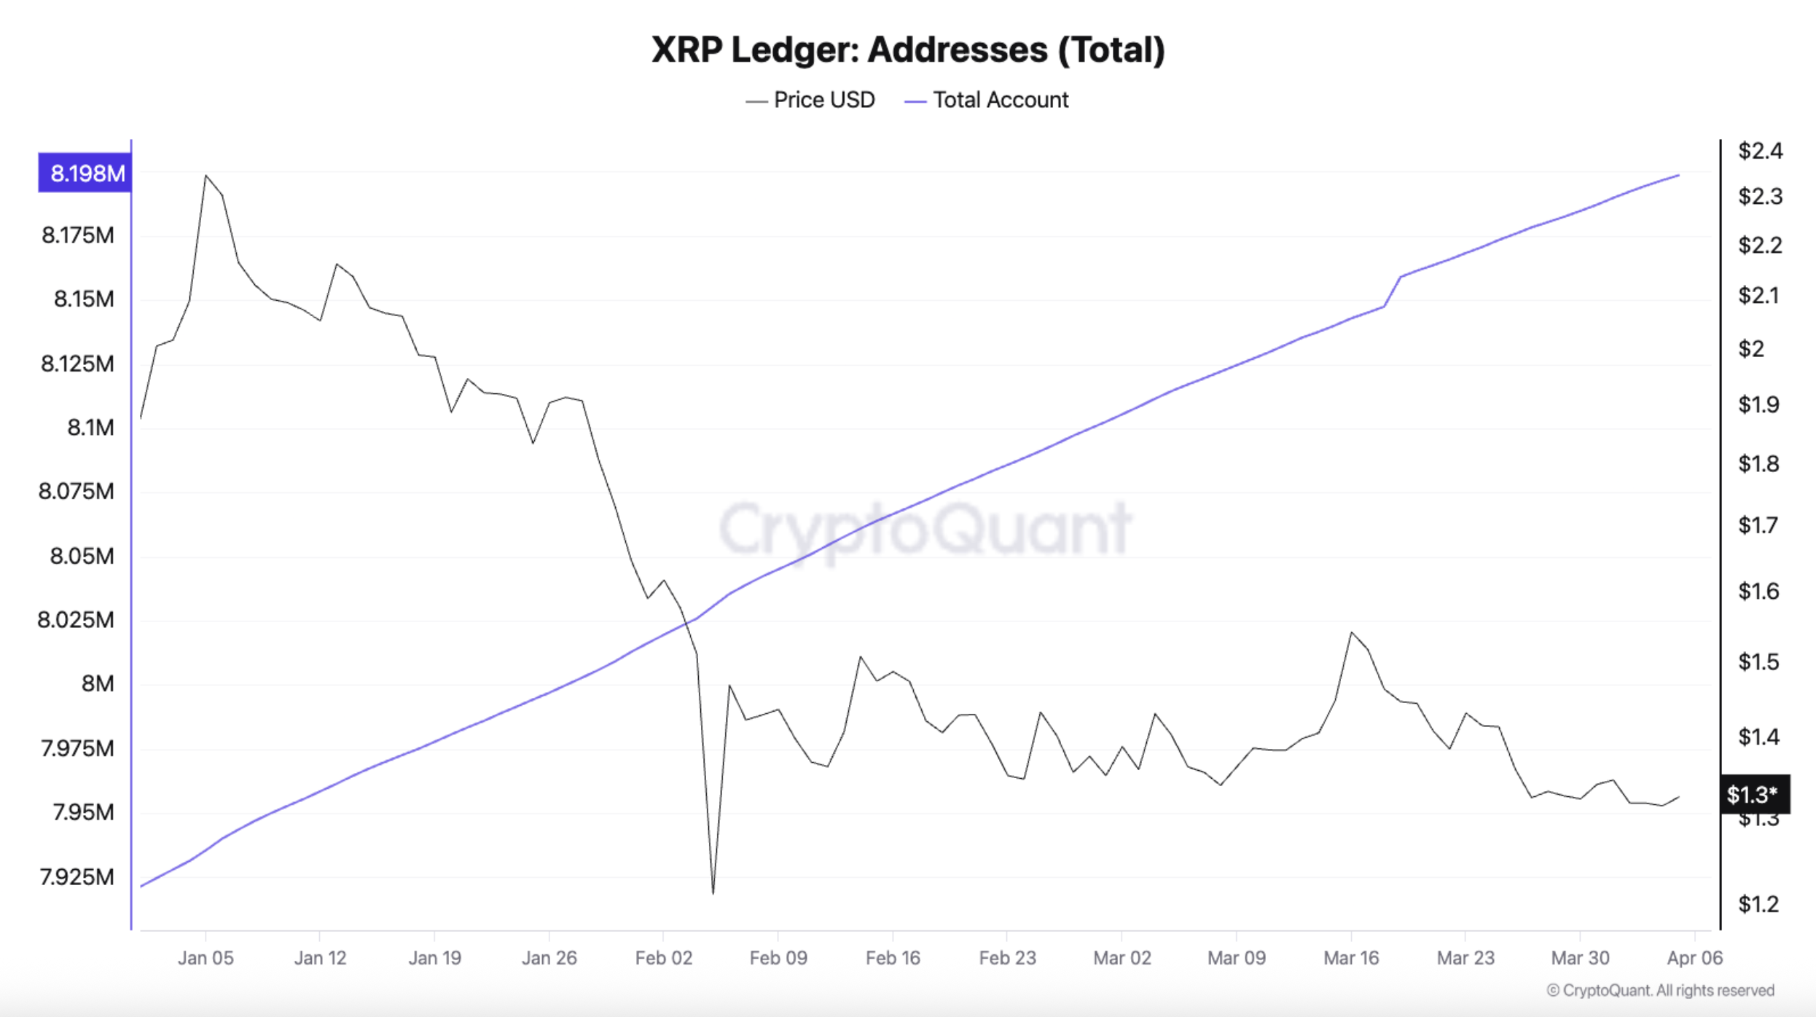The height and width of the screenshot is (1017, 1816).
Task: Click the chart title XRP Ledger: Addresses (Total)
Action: click(x=907, y=50)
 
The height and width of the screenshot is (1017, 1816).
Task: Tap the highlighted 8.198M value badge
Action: click(x=85, y=173)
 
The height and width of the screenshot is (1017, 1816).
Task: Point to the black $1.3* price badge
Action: click(x=1754, y=794)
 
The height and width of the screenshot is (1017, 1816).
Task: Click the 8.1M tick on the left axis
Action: click(x=90, y=428)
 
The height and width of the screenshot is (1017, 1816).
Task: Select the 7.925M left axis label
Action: click(x=77, y=876)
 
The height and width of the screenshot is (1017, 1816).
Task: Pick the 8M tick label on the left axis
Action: click(x=98, y=683)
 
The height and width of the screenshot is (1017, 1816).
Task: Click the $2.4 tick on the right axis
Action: click(x=1760, y=151)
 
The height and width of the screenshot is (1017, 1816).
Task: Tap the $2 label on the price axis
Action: click(x=1751, y=349)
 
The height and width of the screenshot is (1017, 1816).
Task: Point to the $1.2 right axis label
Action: click(x=1758, y=904)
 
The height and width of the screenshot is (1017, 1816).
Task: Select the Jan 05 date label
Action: click(x=206, y=958)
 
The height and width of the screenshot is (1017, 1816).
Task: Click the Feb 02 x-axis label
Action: click(x=663, y=958)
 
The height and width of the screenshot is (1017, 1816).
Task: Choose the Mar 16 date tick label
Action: click(x=1351, y=958)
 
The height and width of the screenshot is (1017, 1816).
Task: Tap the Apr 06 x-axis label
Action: click(x=1694, y=958)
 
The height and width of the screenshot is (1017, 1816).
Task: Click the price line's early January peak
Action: click(x=206, y=176)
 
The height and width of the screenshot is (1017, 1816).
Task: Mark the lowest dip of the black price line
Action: click(x=713, y=893)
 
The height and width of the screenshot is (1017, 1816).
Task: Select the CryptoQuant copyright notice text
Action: click(x=1660, y=991)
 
